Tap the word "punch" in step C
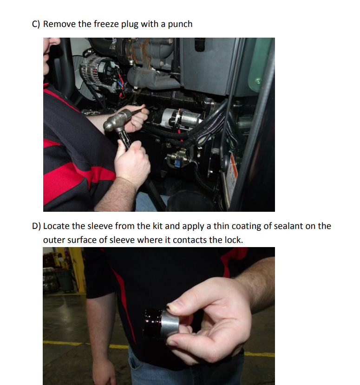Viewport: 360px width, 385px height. point(180,24)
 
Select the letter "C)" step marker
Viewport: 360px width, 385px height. point(36,24)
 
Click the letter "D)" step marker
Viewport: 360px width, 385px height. point(36,226)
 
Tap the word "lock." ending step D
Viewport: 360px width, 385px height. point(234,240)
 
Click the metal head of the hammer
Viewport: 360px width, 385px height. point(116,121)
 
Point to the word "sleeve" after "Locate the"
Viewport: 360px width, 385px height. point(98,226)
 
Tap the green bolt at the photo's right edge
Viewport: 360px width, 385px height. point(258,81)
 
